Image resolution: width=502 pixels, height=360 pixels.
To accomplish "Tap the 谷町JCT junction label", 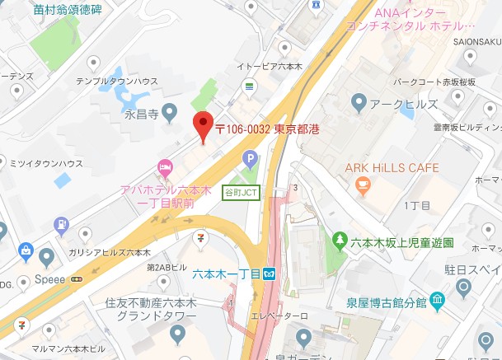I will (x=239, y=192).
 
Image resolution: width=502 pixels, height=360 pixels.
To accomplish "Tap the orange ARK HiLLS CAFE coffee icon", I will (x=360, y=187).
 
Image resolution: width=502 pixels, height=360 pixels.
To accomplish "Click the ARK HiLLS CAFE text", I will (x=392, y=168).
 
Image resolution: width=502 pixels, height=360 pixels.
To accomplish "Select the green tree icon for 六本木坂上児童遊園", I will (x=338, y=241).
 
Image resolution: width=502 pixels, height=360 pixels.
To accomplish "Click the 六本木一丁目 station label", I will (x=227, y=274).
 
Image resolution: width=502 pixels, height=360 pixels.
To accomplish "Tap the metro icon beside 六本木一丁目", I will (x=270, y=274).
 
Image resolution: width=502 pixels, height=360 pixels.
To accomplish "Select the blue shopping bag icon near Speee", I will (x=26, y=250).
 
